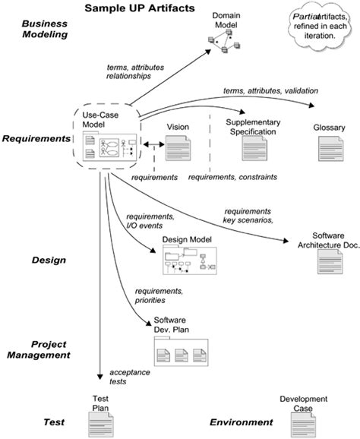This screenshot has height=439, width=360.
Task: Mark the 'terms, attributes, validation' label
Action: [x=270, y=91]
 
